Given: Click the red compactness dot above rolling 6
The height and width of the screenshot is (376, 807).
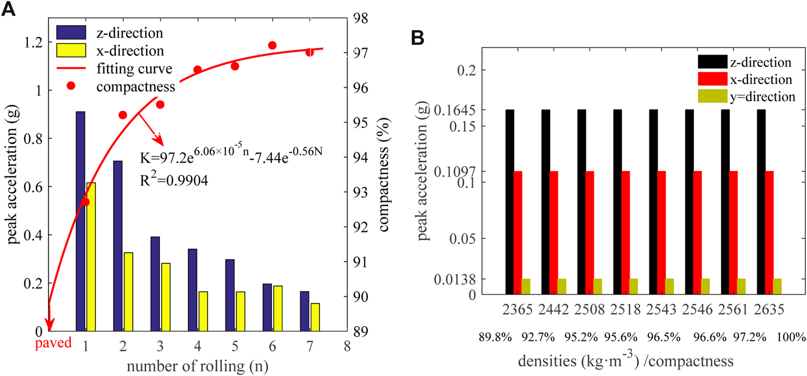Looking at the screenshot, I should pyautogui.click(x=273, y=45).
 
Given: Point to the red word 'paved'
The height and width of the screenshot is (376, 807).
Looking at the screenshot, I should pyautogui.click(x=53, y=343).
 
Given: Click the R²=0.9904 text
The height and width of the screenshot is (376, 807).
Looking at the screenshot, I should pyautogui.click(x=174, y=180).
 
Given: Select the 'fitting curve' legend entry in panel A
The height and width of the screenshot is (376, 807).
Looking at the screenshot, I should pyautogui.click(x=134, y=68).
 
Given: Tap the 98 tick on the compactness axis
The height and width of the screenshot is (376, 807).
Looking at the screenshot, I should pyautogui.click(x=360, y=19).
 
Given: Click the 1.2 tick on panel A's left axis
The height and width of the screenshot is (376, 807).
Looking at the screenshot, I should pyautogui.click(x=33, y=42).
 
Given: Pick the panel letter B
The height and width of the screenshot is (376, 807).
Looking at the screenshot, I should pyautogui.click(x=417, y=38).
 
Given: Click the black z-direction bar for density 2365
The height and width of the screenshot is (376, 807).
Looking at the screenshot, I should pyautogui.click(x=510, y=202).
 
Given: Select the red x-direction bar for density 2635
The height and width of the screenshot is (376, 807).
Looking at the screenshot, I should pyautogui.click(x=769, y=232).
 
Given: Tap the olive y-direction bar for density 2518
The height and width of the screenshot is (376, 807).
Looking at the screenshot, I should pyautogui.click(x=633, y=286).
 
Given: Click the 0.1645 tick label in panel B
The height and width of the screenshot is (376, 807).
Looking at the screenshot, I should pyautogui.click(x=454, y=110).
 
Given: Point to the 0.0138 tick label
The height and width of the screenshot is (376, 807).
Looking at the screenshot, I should pyautogui.click(x=454, y=279).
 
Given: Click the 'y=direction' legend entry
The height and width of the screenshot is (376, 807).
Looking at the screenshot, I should pyautogui.click(x=762, y=97).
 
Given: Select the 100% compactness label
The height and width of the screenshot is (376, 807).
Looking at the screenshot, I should pyautogui.click(x=791, y=337).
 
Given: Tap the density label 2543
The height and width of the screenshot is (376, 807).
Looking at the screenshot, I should pyautogui.click(x=661, y=309).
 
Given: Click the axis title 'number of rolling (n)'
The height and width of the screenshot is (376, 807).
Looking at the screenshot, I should pyautogui.click(x=197, y=366).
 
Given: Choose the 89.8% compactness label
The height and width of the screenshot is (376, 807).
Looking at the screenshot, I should pyautogui.click(x=495, y=337).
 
